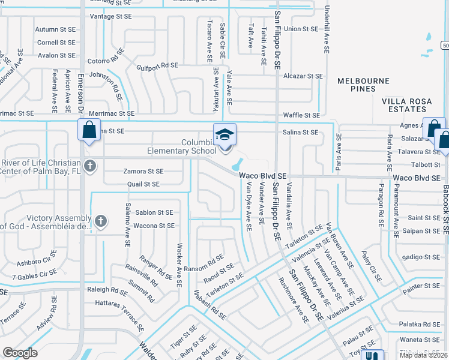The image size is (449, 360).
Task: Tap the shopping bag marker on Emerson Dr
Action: (89, 130)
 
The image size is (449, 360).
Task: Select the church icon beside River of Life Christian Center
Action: (90, 166)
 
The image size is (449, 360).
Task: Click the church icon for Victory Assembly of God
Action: (101, 221)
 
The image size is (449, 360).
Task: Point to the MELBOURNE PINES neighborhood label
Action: (363, 85)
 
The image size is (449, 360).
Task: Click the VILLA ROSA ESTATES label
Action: (407, 105)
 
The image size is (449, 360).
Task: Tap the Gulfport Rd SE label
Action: (157, 65)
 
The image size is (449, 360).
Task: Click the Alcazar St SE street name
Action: (303, 76)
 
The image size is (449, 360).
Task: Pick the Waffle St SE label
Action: (301, 115)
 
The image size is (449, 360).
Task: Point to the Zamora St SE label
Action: (143, 172)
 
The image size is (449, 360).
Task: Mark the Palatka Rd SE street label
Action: (420, 323)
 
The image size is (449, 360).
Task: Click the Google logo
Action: (20, 352)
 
